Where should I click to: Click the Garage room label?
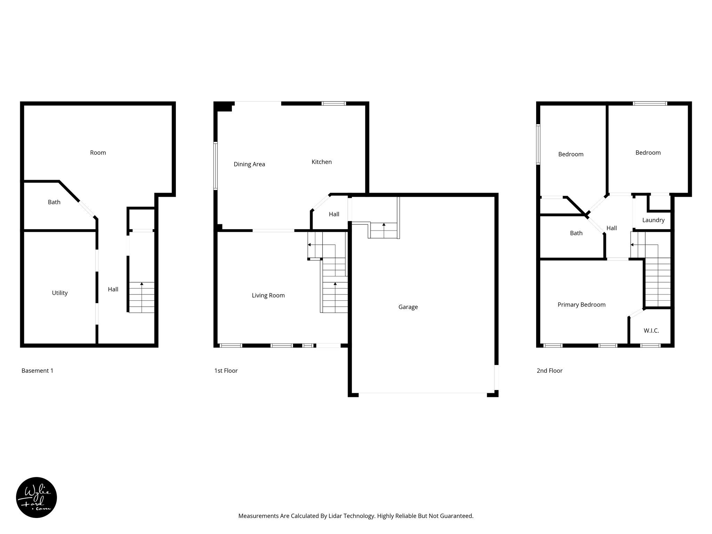(x=408, y=307)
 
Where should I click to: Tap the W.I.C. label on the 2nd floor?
(x=651, y=331)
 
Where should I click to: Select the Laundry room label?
(x=653, y=220)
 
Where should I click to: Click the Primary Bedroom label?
(x=581, y=305)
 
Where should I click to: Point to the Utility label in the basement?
(x=60, y=293)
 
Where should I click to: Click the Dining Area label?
(x=249, y=164)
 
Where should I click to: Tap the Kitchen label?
(x=321, y=162)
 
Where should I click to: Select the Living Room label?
(x=268, y=296)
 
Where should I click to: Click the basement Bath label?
(x=54, y=202)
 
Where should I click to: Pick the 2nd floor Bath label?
(x=576, y=233)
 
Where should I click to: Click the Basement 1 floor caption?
(x=38, y=371)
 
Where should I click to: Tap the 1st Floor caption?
(x=226, y=371)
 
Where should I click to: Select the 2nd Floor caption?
(x=549, y=371)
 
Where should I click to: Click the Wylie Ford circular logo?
(x=37, y=497)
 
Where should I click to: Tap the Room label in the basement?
(x=98, y=153)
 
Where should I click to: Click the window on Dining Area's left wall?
(x=216, y=166)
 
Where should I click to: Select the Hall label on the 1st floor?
(x=334, y=215)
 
